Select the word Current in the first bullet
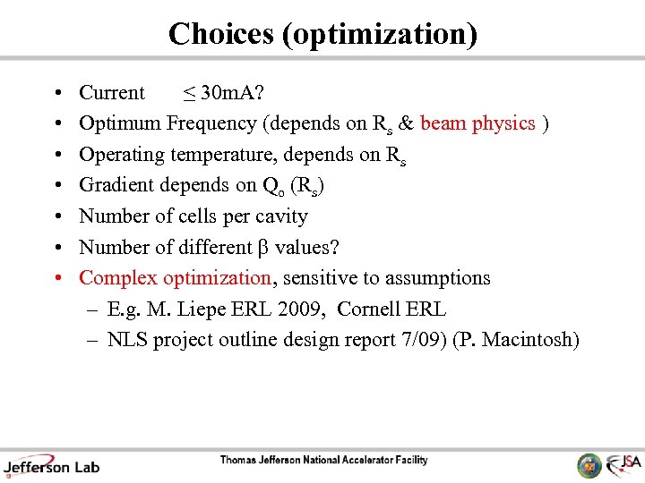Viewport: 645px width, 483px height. click(112, 93)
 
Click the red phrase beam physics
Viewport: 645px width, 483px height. click(477, 123)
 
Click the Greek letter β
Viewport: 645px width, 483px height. click(263, 248)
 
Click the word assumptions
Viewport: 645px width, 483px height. click(435, 278)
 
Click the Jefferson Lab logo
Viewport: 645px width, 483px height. click(51, 464)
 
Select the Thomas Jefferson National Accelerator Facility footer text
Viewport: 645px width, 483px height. click(323, 461)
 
